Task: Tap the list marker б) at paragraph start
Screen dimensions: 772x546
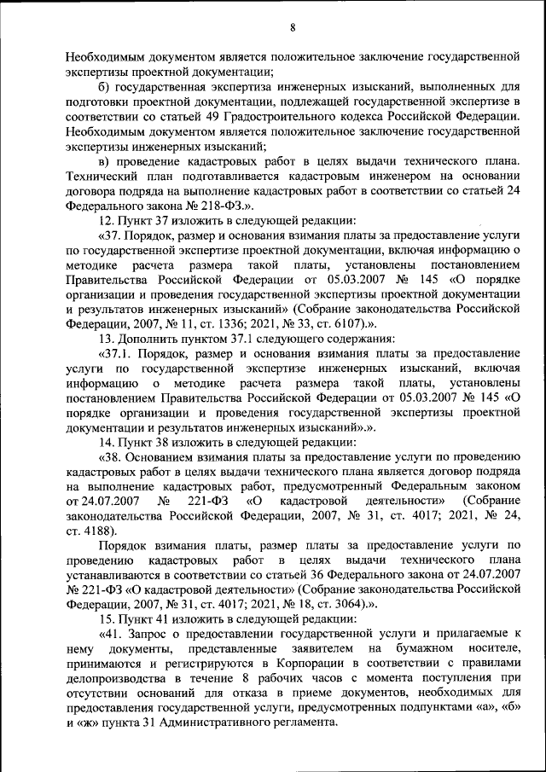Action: point(105,86)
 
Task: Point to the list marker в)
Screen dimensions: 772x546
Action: point(105,161)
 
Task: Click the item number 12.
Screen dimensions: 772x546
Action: point(107,220)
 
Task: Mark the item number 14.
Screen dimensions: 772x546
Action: point(107,442)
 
